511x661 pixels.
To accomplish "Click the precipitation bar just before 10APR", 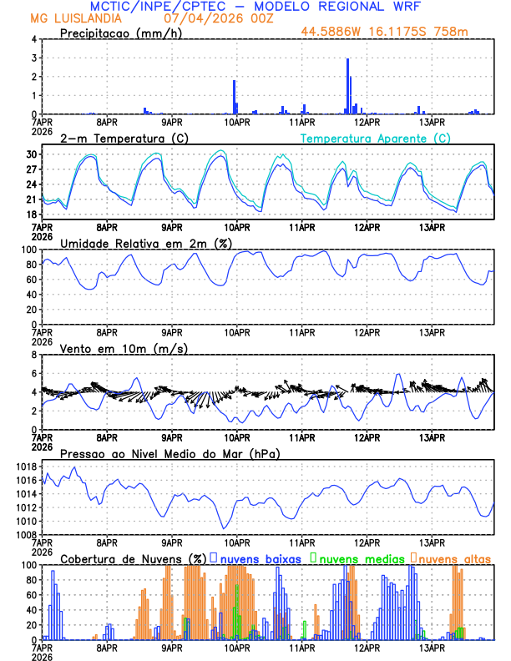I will [234, 97].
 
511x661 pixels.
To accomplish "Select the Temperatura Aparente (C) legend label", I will [376, 138].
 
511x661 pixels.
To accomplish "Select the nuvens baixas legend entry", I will [261, 558].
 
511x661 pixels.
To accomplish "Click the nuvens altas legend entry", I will [453, 558].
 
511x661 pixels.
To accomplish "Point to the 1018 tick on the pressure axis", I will [28, 467].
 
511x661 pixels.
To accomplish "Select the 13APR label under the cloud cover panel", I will [431, 647].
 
